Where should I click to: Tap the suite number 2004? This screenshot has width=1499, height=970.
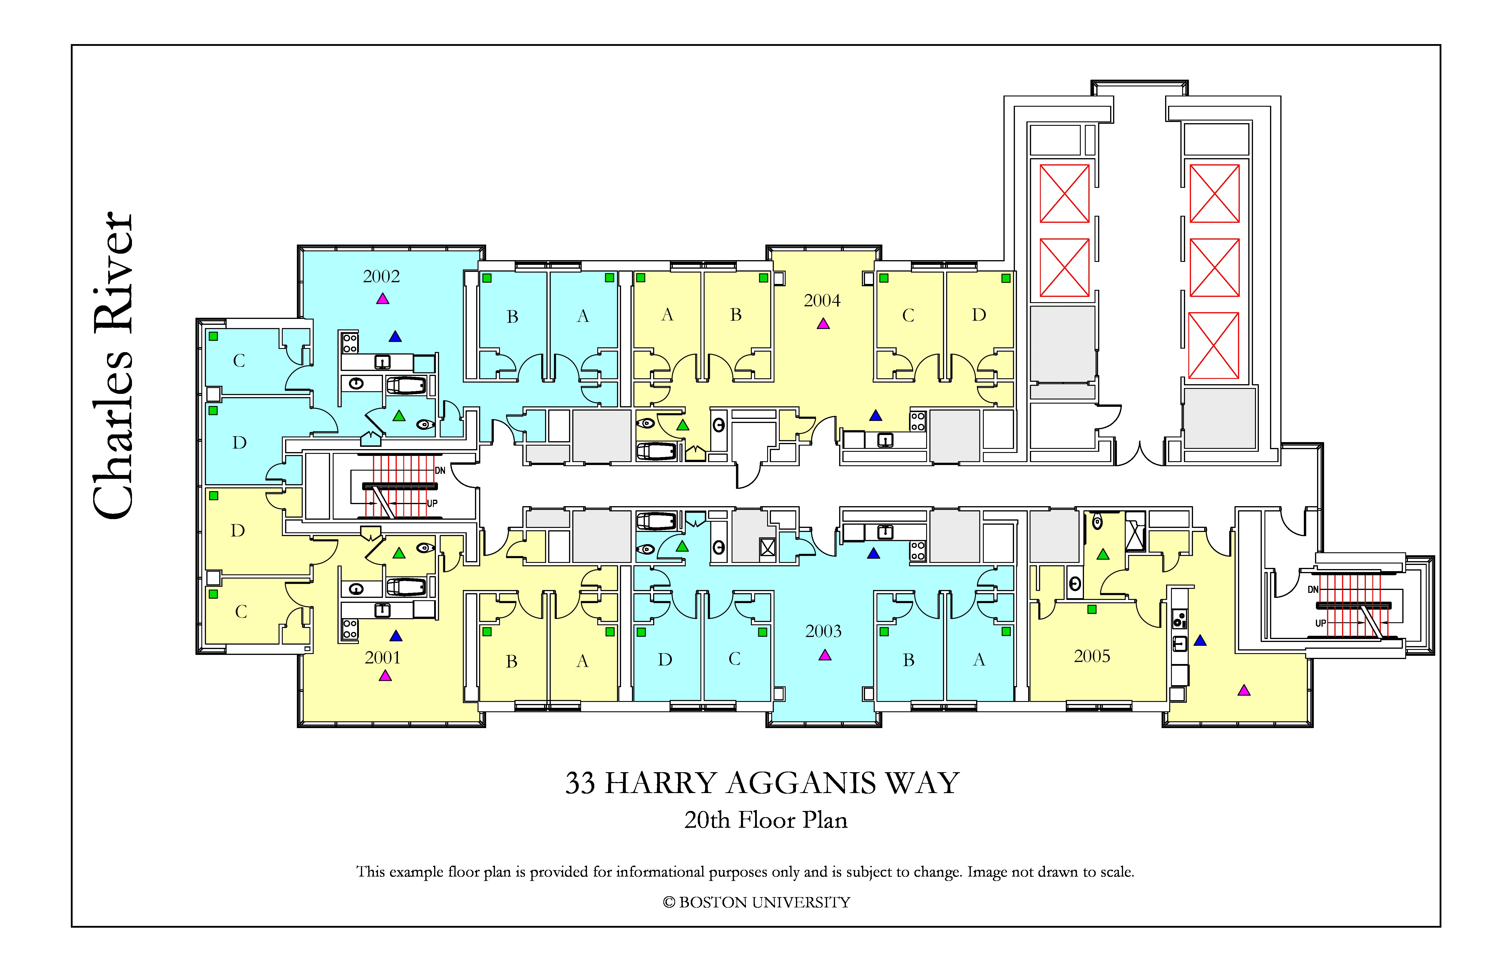(822, 300)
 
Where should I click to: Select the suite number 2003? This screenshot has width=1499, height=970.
(823, 631)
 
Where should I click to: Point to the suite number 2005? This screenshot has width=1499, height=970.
(1092, 656)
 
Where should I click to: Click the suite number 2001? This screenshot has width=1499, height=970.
(382, 658)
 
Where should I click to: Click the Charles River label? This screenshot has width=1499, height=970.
(113, 365)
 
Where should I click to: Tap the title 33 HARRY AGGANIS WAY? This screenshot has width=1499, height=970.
(762, 783)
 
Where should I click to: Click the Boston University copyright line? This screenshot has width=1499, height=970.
(757, 903)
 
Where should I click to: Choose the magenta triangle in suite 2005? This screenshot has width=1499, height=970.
(1244, 690)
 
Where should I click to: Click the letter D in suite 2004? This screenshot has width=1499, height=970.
(979, 315)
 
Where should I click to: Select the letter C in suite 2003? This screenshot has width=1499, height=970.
(735, 659)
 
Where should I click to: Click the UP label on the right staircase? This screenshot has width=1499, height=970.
(1321, 623)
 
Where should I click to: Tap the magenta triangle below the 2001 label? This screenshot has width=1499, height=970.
(385, 676)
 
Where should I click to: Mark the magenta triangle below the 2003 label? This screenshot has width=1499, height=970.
(825, 655)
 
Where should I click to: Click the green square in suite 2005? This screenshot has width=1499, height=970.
(1092, 609)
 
